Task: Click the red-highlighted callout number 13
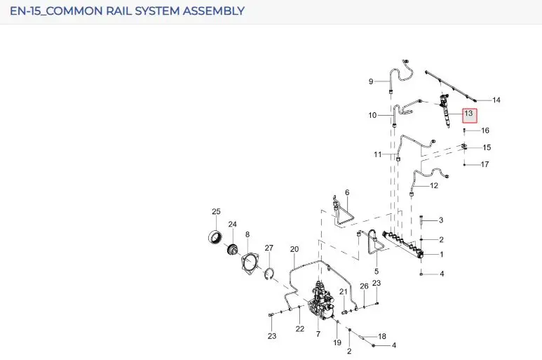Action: tap(468, 113)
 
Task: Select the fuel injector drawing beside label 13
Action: tap(445, 109)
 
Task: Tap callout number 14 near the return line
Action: tap(496, 100)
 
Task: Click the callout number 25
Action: tap(216, 211)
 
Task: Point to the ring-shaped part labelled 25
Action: tap(215, 237)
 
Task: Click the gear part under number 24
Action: tap(232, 249)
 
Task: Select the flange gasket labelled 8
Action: tap(250, 264)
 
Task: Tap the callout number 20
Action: tap(294, 249)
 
